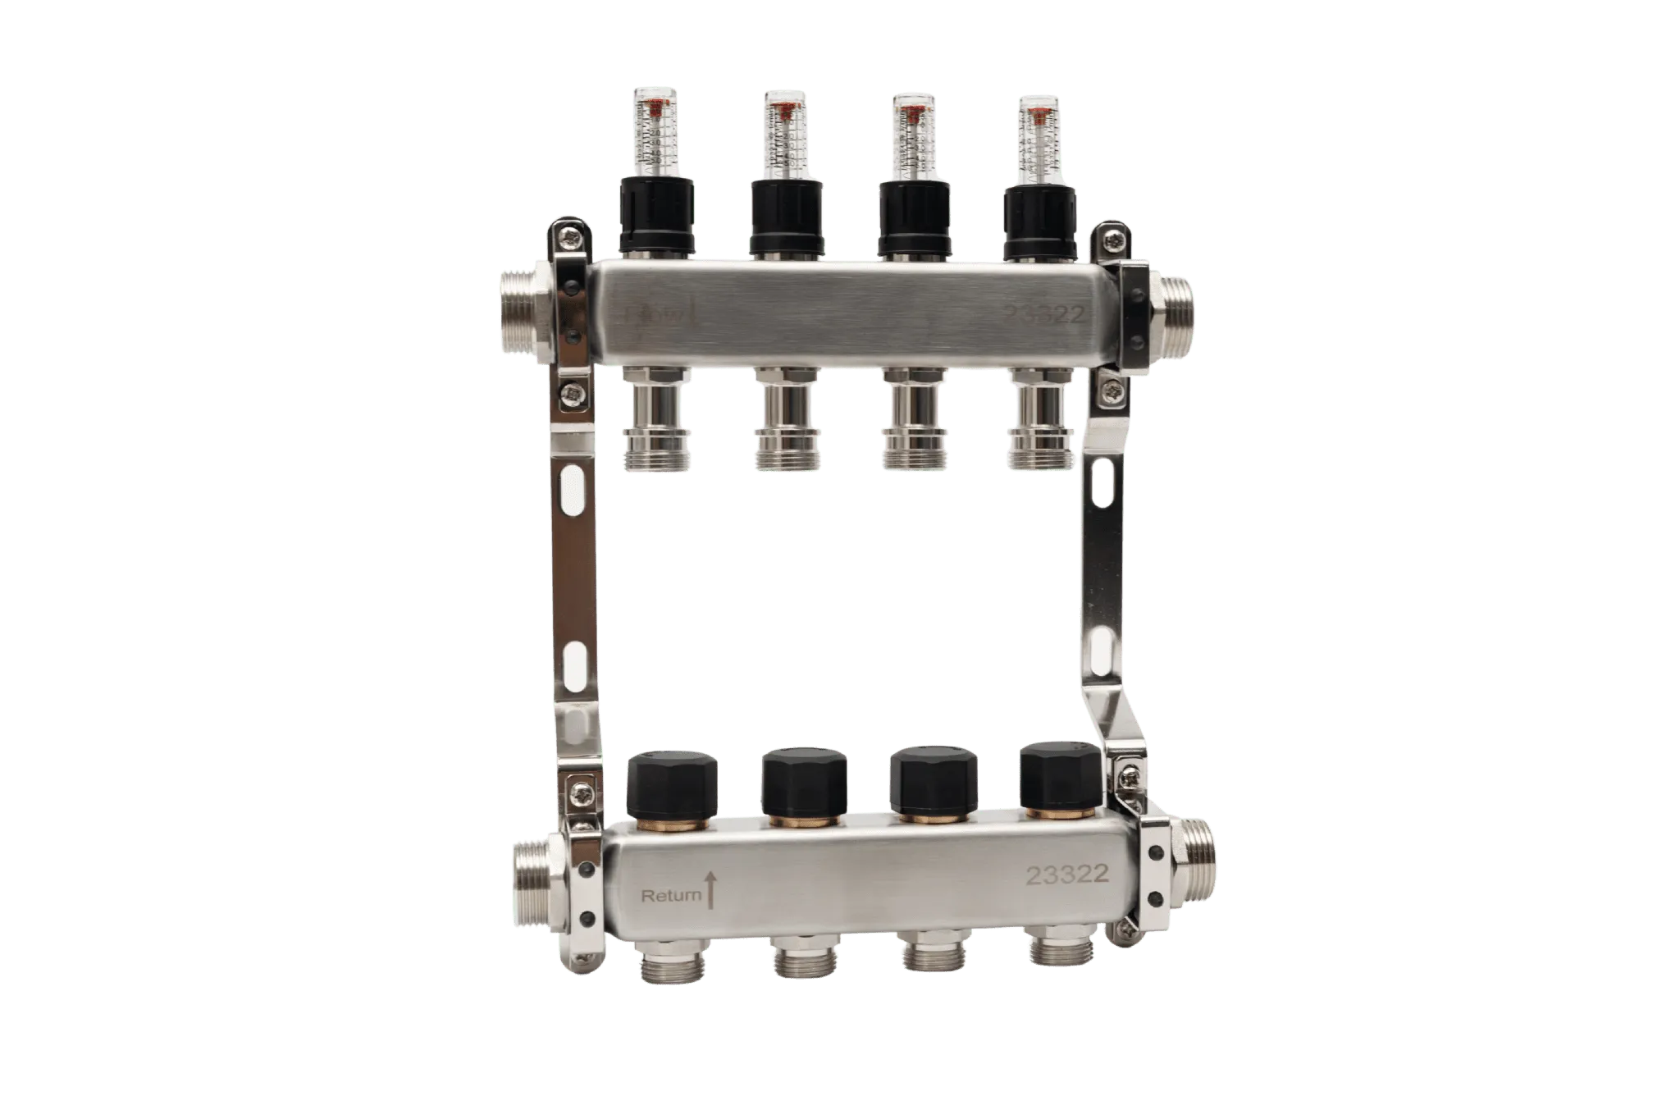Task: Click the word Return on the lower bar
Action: (x=671, y=896)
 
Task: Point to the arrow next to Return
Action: (x=711, y=891)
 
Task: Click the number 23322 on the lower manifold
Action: (x=1067, y=875)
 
